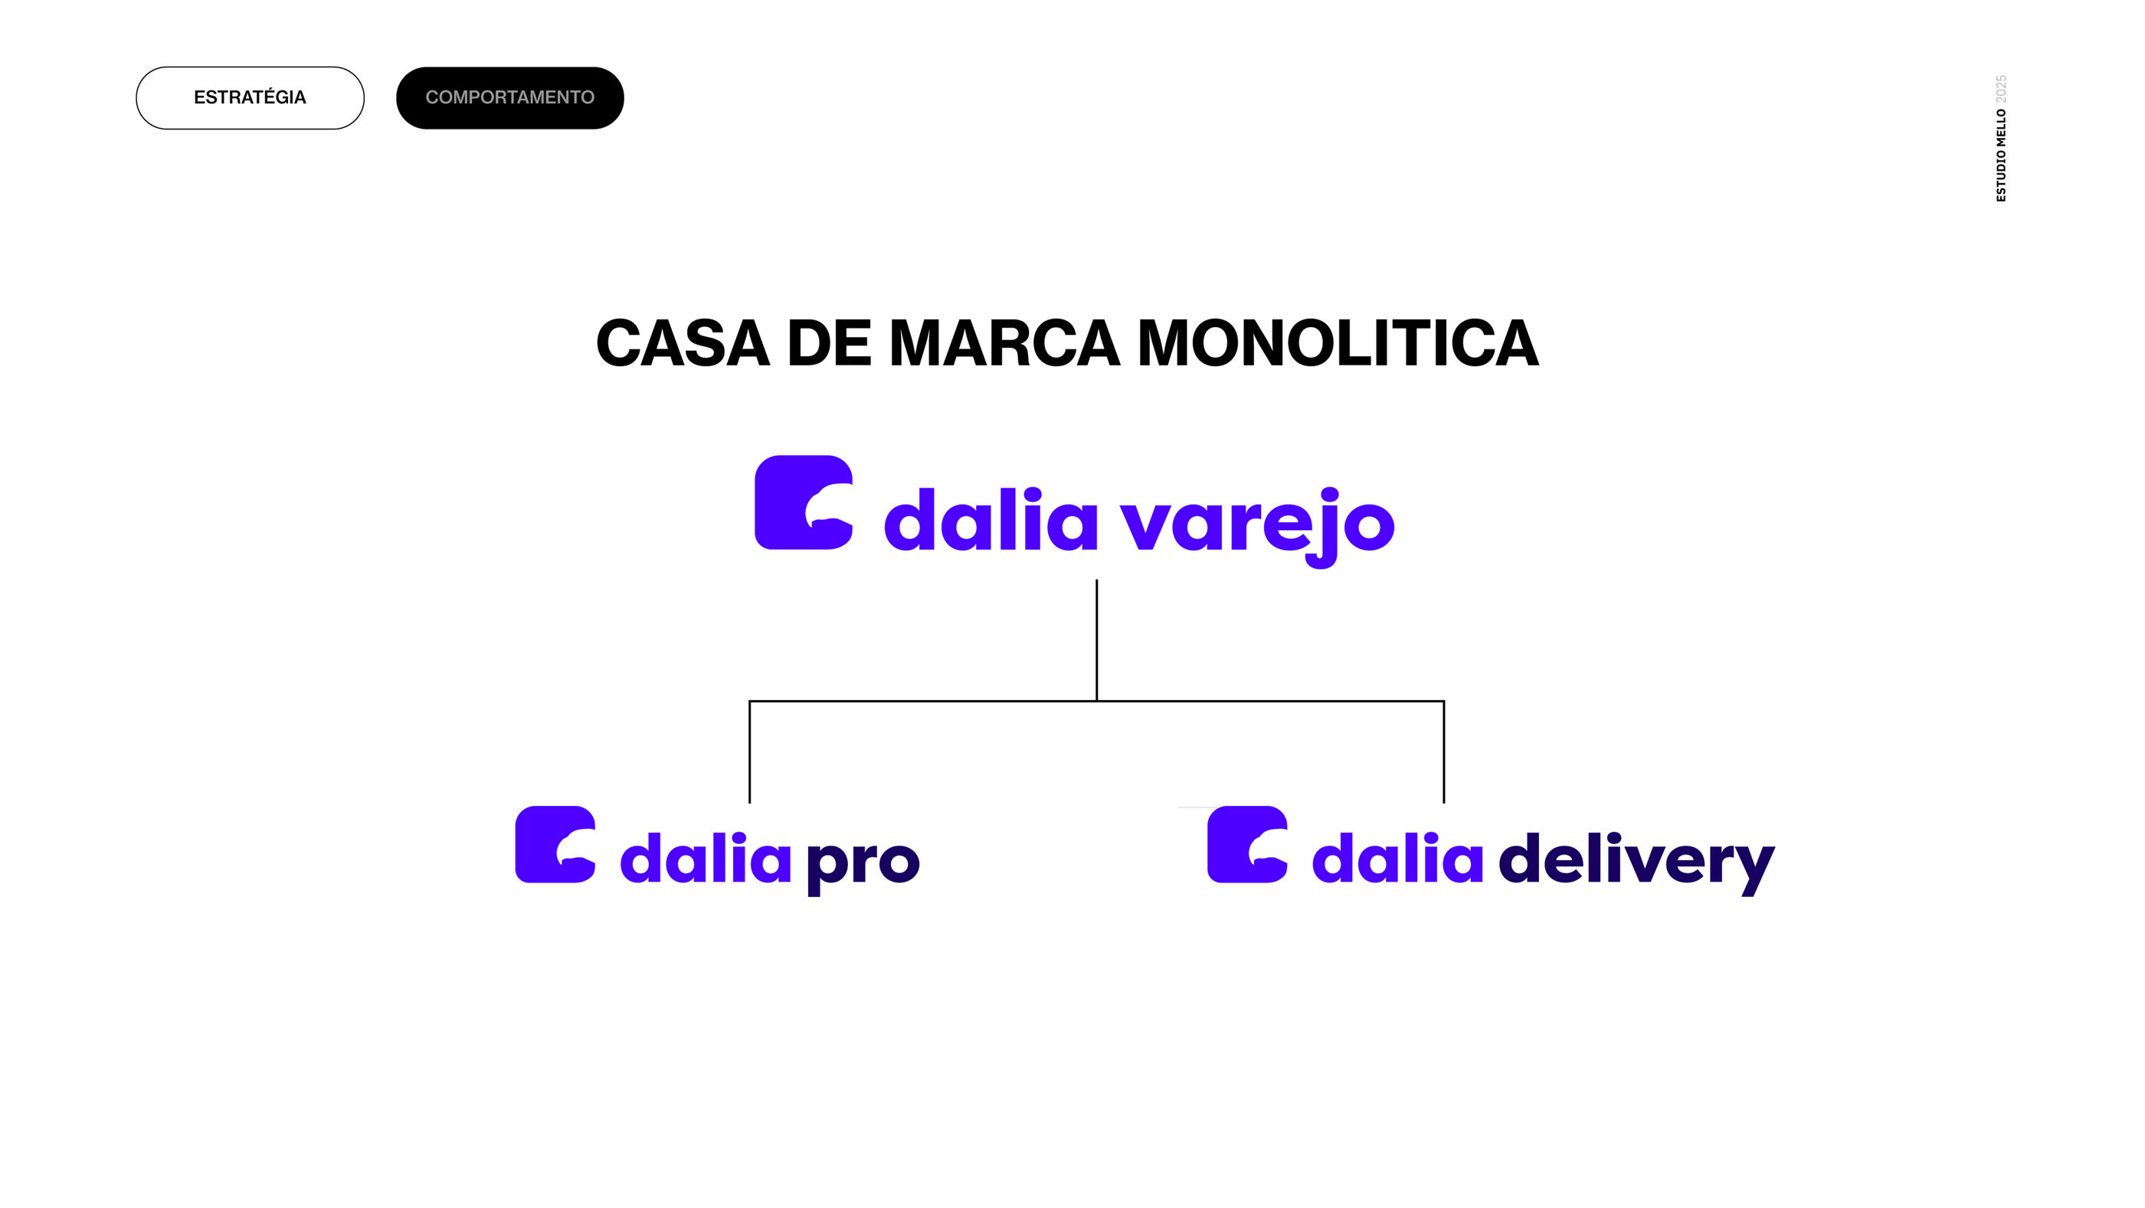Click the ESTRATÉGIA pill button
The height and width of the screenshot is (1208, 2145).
point(250,98)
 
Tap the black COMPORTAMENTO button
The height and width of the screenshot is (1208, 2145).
point(509,98)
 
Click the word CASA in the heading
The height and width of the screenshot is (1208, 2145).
point(683,343)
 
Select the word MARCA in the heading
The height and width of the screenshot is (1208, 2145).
point(1004,343)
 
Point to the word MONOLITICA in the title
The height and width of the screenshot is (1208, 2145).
point(1338,343)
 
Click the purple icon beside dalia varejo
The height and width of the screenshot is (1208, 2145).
point(804,502)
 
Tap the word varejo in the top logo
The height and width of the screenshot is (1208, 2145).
point(1257,523)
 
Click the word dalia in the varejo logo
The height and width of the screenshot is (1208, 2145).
point(991,521)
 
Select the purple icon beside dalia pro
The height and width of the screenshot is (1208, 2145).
point(555,844)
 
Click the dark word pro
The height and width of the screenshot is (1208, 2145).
point(863,862)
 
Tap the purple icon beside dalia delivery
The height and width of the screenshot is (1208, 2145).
point(1247,844)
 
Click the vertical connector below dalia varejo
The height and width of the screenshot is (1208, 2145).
point(1097,640)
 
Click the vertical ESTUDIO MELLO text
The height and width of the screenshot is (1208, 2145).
point(2001,155)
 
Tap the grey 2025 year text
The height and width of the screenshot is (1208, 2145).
point(2001,89)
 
